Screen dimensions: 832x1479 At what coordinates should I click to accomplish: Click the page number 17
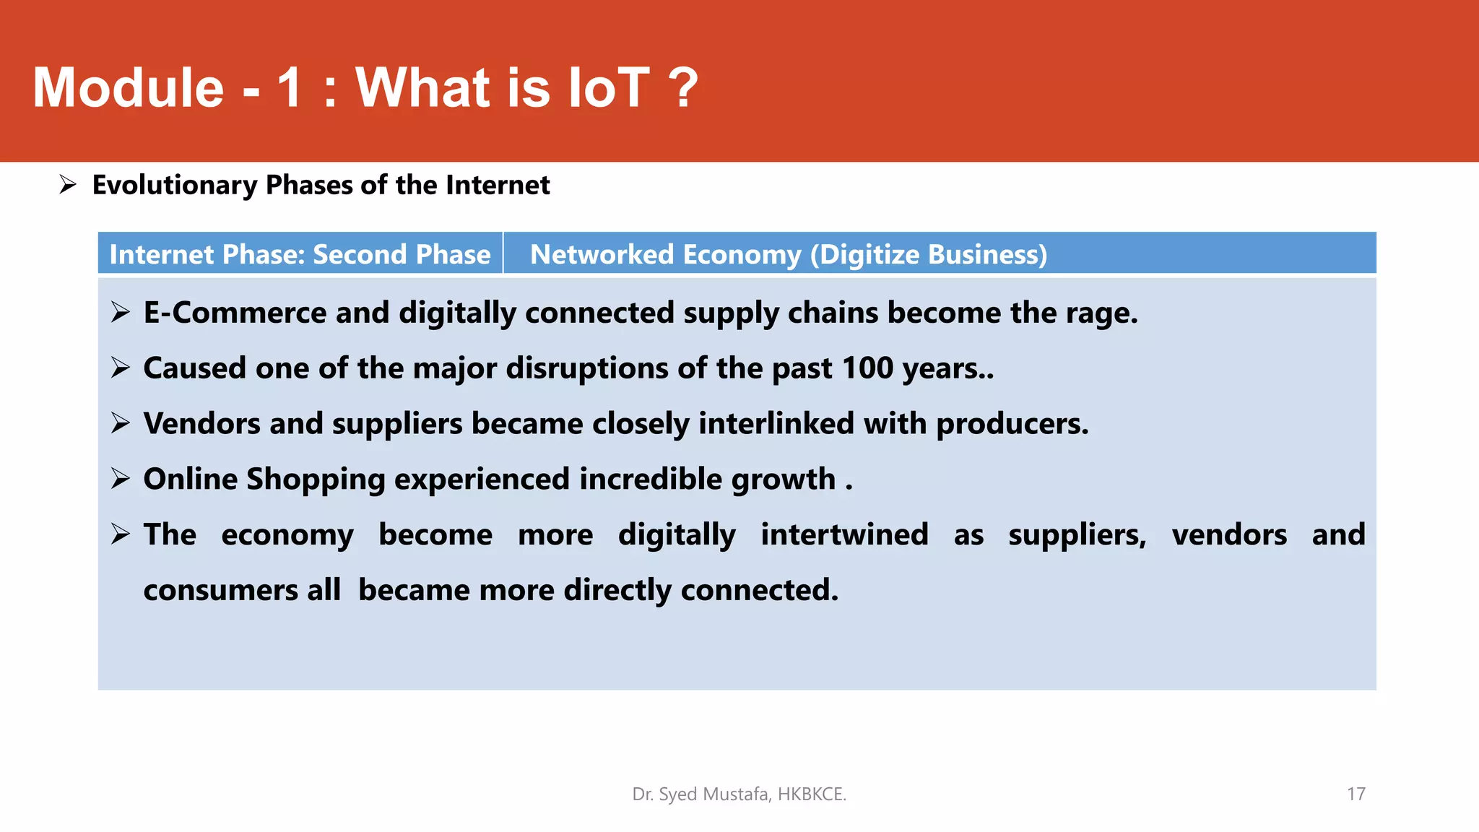1356,794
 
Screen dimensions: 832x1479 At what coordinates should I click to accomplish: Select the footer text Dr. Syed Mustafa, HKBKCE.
739,794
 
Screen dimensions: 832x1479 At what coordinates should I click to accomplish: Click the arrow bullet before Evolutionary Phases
68,185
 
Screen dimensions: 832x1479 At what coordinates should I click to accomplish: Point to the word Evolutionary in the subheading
174,185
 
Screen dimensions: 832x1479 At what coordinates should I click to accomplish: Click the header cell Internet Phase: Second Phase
300,254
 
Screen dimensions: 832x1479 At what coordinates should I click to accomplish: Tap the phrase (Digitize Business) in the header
928,254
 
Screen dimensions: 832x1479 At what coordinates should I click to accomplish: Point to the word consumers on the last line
220,590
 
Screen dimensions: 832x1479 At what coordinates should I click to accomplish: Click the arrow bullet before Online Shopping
121,479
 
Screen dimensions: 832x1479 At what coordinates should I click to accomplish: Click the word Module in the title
129,88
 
